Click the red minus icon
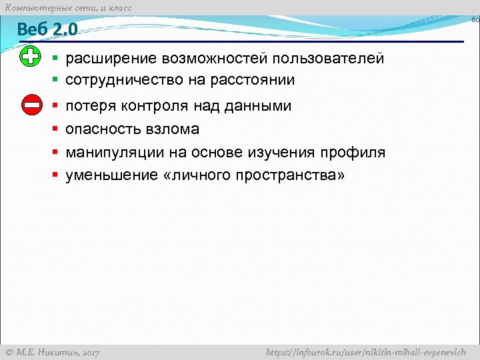[31, 105]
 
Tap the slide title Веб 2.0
[47, 29]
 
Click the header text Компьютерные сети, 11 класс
[68, 7]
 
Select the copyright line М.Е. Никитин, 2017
[52, 352]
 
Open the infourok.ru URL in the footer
[366, 352]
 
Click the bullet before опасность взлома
[56, 129]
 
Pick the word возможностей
[212, 59]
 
